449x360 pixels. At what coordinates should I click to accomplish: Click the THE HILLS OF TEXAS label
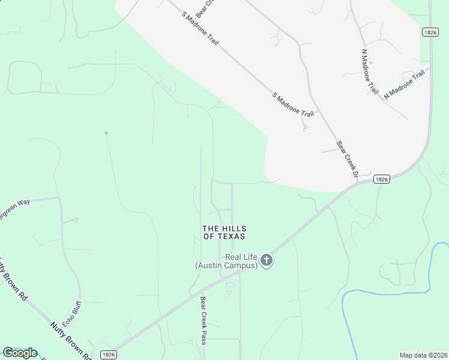(x=224, y=232)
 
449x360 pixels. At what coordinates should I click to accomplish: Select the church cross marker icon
(x=267, y=260)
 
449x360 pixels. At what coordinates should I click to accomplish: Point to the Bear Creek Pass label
(x=203, y=321)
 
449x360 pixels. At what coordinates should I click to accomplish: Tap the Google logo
(x=20, y=353)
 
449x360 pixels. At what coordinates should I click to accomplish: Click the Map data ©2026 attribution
(x=424, y=355)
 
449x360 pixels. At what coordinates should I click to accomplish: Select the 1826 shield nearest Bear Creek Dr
(x=382, y=179)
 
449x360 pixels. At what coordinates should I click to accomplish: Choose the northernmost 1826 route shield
(x=429, y=32)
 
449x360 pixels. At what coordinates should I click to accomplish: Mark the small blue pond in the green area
(x=106, y=133)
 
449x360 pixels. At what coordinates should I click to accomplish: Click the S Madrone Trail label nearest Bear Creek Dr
(x=294, y=106)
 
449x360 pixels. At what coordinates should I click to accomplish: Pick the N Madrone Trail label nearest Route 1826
(x=404, y=83)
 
